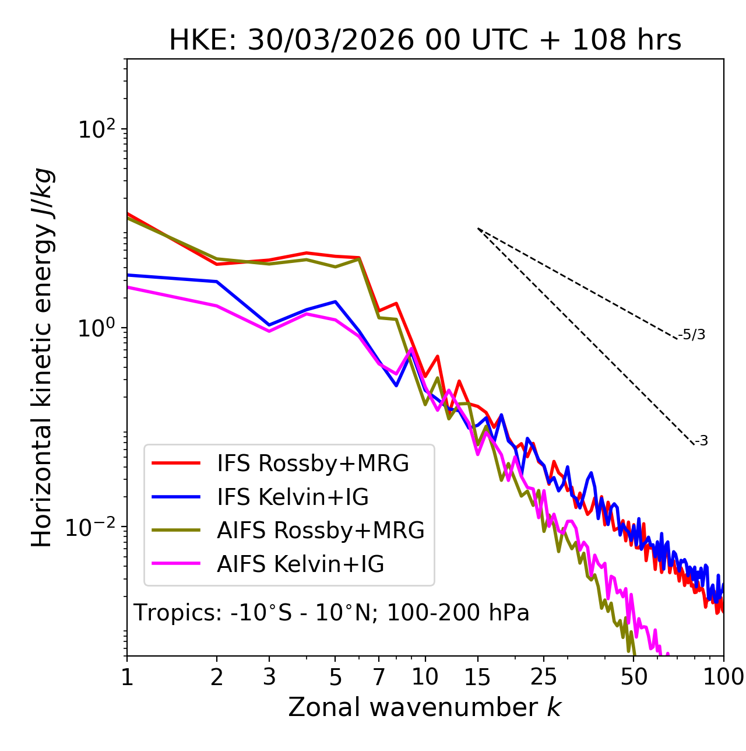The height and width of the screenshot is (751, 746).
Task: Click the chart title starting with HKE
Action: (x=425, y=41)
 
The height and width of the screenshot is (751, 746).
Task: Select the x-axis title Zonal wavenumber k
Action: (x=424, y=707)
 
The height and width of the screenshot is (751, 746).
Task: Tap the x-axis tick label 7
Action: (x=379, y=676)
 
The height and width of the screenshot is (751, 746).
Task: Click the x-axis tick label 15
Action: (x=478, y=676)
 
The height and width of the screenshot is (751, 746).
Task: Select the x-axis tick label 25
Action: (x=544, y=676)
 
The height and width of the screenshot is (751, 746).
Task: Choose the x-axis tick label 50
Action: (x=634, y=676)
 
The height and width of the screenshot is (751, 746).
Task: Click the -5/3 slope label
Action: (x=692, y=335)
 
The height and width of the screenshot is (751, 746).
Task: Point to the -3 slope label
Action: (x=701, y=441)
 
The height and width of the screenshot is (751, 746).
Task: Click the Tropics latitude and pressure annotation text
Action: (x=332, y=613)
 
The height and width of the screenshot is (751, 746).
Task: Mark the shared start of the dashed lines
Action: (x=478, y=229)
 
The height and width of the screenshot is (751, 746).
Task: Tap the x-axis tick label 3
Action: (x=269, y=676)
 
